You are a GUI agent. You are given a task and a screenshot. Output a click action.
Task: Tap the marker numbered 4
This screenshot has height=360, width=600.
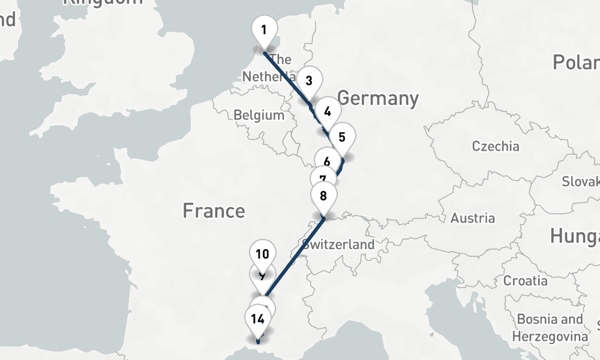[327, 111]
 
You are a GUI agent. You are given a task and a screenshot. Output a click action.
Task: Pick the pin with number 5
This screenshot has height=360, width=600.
[341, 136]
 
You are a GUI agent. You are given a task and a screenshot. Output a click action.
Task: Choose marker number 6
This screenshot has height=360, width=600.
[326, 160]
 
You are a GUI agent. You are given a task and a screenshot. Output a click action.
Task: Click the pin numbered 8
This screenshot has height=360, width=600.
[323, 196]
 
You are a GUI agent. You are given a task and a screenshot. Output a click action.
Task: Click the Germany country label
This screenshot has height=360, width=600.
[377, 98]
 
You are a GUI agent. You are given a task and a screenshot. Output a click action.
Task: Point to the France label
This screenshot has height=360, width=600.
[214, 211]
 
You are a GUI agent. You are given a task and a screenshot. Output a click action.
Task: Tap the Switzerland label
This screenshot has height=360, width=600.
[338, 244]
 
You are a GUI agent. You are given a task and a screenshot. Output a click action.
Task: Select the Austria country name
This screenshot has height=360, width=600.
[473, 218]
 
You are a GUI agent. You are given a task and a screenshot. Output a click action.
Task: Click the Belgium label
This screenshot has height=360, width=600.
[259, 115]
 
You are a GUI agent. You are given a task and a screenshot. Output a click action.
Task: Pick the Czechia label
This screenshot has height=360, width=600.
[496, 146]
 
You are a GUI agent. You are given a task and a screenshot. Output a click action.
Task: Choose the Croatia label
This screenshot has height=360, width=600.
[525, 280]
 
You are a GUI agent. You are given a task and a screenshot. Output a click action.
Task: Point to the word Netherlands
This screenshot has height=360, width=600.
[268, 77]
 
